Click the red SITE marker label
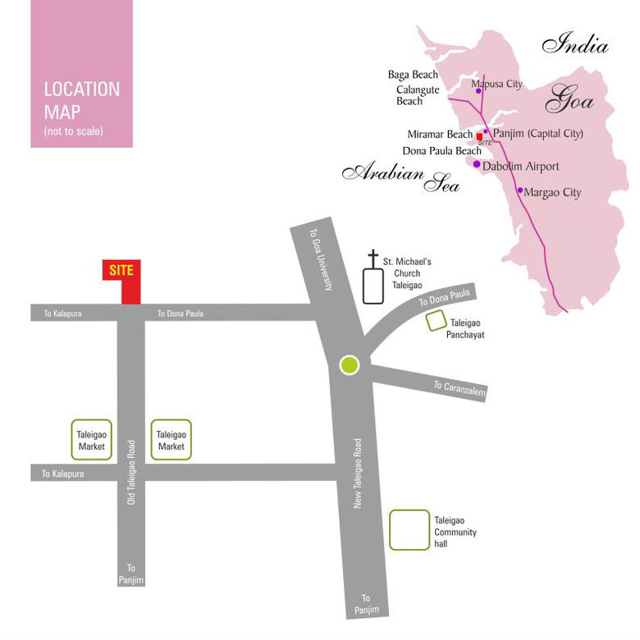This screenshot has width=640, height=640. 121,270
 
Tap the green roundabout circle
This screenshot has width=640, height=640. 350,364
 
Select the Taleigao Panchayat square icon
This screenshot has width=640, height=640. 436,322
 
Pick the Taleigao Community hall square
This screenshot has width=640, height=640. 409,530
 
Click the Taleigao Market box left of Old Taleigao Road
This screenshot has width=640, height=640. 91,441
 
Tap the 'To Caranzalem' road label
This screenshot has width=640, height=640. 459,389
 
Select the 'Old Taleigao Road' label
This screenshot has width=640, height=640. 131,472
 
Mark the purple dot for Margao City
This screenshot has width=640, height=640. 519,190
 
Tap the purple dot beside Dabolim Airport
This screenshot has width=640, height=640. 477,164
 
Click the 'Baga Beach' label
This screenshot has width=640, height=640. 413,75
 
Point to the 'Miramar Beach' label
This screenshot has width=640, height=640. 440,135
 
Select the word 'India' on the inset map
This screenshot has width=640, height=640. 575,44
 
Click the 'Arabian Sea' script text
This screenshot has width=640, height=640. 400,176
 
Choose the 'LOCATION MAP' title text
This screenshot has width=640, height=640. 81,100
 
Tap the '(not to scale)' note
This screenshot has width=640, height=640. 73,131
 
